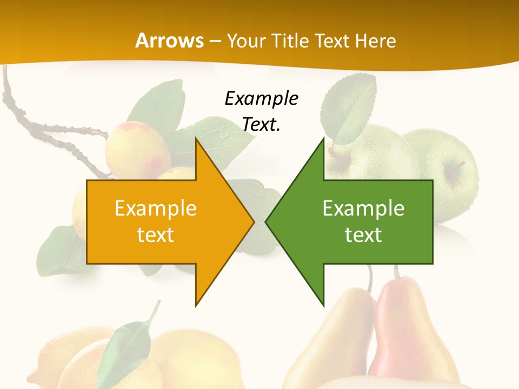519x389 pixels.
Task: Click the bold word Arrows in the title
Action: point(170,41)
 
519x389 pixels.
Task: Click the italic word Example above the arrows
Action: point(261,98)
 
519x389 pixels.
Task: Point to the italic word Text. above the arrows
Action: point(261,124)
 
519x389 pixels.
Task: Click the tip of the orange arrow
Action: point(253,222)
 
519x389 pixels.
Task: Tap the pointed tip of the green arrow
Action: point(267,222)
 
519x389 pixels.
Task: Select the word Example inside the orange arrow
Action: point(156,209)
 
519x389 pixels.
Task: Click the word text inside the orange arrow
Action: point(156,234)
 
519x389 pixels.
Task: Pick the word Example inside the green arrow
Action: point(363,209)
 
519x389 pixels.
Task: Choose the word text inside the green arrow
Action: point(363,234)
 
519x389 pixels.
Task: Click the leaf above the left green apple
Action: point(348,108)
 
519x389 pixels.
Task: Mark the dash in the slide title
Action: point(215,41)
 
